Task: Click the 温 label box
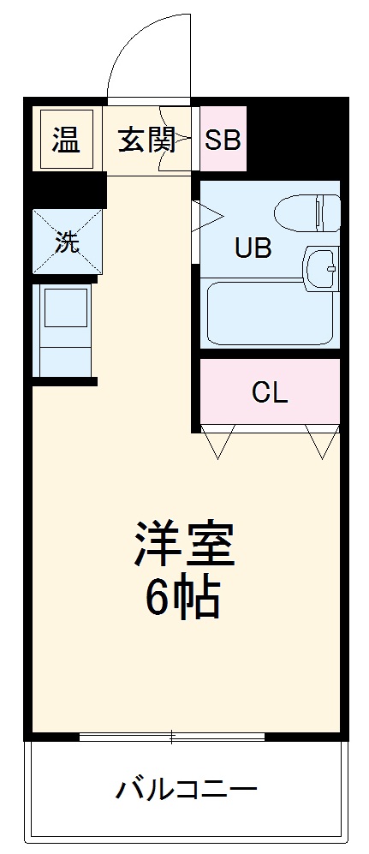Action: coord(65,140)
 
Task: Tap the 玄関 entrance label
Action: coord(146,140)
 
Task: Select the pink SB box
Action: coord(223,140)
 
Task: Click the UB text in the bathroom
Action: coord(253,249)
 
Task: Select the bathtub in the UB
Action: coord(268,314)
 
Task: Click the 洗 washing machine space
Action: coord(67,242)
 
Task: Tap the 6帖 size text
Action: coord(182,597)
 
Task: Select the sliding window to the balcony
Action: coord(171,736)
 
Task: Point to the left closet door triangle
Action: coord(217,442)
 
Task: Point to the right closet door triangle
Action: coord(324,442)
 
